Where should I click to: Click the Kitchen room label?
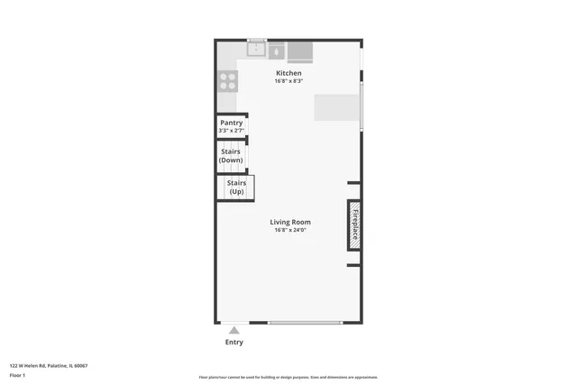click(288, 73)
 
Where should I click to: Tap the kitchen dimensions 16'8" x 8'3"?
click(288, 81)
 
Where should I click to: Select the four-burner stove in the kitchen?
click(227, 82)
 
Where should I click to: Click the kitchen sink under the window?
click(257, 50)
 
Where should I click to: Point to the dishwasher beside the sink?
click(276, 51)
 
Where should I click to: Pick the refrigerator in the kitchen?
click(300, 50)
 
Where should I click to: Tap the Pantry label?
click(232, 123)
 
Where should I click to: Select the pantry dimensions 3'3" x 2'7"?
click(232, 132)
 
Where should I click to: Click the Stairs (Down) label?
click(231, 155)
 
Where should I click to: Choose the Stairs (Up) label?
click(236, 187)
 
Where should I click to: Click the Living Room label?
click(290, 222)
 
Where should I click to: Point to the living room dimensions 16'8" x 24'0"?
click(290, 230)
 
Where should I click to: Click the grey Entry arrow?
click(234, 331)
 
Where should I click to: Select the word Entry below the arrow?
click(234, 343)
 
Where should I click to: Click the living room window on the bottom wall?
click(305, 323)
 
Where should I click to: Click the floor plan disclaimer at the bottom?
click(288, 378)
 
